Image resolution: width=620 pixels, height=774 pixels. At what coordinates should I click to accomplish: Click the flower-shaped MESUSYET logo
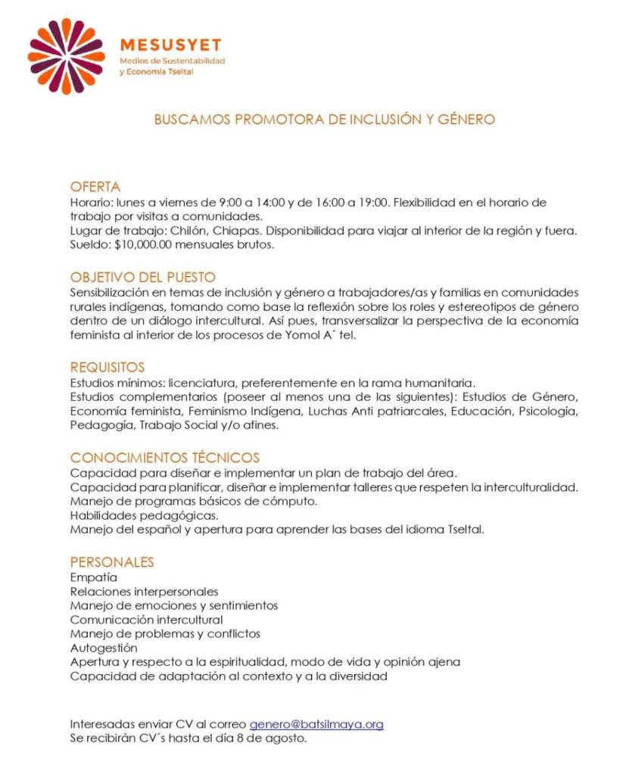66,56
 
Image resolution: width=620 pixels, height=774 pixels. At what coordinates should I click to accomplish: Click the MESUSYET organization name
170,45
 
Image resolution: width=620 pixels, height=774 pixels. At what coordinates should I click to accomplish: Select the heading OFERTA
95,187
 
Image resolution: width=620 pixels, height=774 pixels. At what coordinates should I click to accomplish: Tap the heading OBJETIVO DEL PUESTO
143,277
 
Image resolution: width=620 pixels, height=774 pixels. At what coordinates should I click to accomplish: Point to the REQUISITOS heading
107,367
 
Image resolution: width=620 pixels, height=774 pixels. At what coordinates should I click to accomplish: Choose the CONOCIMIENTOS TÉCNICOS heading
164,458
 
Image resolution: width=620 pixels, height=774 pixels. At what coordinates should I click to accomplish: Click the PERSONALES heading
111,562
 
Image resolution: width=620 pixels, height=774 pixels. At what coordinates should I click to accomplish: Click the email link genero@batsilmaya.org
316,724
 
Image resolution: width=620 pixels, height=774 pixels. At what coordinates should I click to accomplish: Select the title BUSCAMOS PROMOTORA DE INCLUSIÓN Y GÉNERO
325,120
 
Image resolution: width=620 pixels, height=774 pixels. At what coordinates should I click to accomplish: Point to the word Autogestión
104,648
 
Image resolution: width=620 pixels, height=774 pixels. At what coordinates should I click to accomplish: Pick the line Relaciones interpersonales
144,592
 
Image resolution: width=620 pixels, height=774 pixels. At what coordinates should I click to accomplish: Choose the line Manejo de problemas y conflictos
165,633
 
